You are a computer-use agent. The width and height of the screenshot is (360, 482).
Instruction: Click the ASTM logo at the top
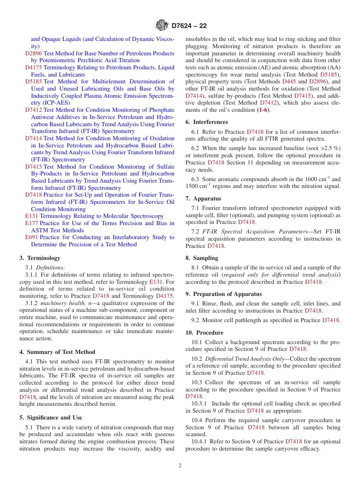pyautogui.click(x=162, y=26)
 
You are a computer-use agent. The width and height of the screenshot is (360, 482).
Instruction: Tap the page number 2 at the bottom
pyautogui.click(x=180, y=465)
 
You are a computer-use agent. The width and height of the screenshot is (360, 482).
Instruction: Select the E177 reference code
pyautogui.click(x=31, y=223)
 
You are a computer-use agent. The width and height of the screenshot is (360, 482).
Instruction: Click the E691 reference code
pyautogui.click(x=31, y=237)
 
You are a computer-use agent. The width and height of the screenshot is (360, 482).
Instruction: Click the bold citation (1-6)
pyautogui.click(x=264, y=110)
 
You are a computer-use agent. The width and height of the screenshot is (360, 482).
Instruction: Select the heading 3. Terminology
pyautogui.click(x=40, y=258)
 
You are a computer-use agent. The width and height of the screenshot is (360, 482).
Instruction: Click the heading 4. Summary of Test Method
pyautogui.click(x=57, y=352)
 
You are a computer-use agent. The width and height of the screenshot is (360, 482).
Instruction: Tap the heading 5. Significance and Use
pyautogui.click(x=50, y=418)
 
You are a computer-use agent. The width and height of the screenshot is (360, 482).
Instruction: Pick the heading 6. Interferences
pyautogui.click(x=207, y=122)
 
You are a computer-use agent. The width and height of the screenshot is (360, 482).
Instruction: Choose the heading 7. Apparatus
pyautogui.click(x=203, y=199)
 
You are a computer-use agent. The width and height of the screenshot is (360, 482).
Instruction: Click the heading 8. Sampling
pyautogui.click(x=202, y=258)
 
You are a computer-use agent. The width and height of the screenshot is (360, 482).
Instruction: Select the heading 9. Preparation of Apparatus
pyautogui.click(x=224, y=294)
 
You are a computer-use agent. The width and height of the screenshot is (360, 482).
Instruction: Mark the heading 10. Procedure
pyautogui.click(x=204, y=333)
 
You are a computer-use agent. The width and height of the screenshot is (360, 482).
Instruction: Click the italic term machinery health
pyautogui.click(x=63, y=303)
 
